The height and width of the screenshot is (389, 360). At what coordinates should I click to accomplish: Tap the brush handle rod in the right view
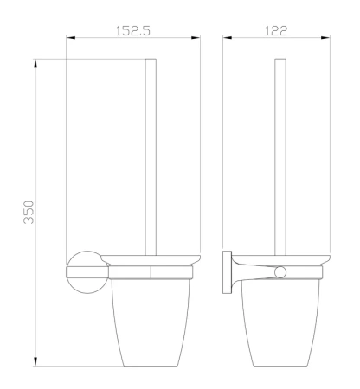tap(280, 156)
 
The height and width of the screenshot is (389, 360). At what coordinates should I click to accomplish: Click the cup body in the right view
tap(280, 320)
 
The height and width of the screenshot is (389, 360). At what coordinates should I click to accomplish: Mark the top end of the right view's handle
tap(280, 60)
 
